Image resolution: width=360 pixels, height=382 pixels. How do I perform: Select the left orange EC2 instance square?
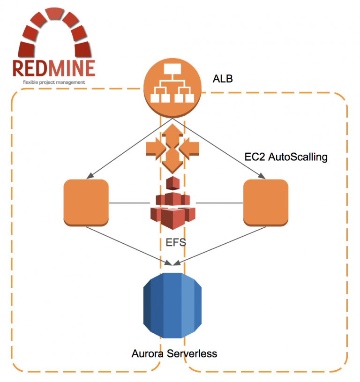(86, 203)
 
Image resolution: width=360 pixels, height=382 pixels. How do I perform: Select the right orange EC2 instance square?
(265, 203)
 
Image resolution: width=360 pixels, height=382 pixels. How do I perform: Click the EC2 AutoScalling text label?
(286, 157)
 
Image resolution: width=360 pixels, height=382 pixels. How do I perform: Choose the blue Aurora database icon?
(172, 305)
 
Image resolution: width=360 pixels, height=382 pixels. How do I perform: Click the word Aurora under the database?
(147, 353)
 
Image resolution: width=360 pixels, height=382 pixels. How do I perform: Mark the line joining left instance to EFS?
(129, 203)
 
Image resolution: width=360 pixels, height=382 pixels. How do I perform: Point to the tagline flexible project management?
(54, 82)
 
